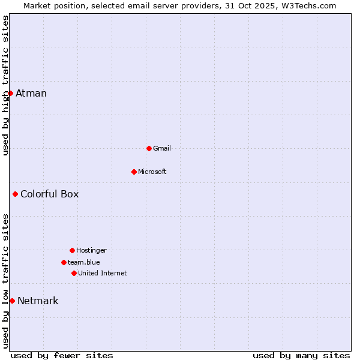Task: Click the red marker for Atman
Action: pos(10,93)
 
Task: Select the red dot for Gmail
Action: pos(149,148)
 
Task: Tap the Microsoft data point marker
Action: pos(134,172)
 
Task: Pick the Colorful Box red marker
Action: pos(15,194)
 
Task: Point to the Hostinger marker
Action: pos(72,250)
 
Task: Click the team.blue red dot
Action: pos(64,262)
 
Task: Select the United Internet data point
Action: pos(74,273)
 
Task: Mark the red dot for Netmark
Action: pos(12,301)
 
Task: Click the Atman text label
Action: pos(31,93)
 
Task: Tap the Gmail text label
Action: pos(162,148)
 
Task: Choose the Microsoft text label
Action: pos(152,172)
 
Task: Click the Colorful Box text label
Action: pos(50,194)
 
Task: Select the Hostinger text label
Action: pos(91,250)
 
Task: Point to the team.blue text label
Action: pos(84,262)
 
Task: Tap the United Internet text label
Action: pos(103,273)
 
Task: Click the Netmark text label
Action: pos(38,301)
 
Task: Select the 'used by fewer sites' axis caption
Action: pos(62,355)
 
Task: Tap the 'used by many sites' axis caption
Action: pos(301,355)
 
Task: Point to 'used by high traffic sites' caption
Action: pos(5,85)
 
